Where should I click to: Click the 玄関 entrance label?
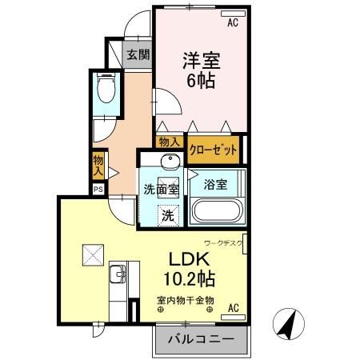coord(138,54)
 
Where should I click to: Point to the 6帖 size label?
coord(201,81)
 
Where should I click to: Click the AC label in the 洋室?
coord(233,23)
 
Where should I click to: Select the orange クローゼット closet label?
coord(213,147)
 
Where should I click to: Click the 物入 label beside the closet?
coord(169,142)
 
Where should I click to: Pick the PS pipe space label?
coord(98,190)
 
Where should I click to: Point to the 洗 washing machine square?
coord(168,214)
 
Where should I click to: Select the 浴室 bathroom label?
coord(214,184)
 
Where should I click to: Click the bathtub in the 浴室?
coord(214,213)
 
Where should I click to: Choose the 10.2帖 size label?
coord(190,280)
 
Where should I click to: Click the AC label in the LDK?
coord(234,307)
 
